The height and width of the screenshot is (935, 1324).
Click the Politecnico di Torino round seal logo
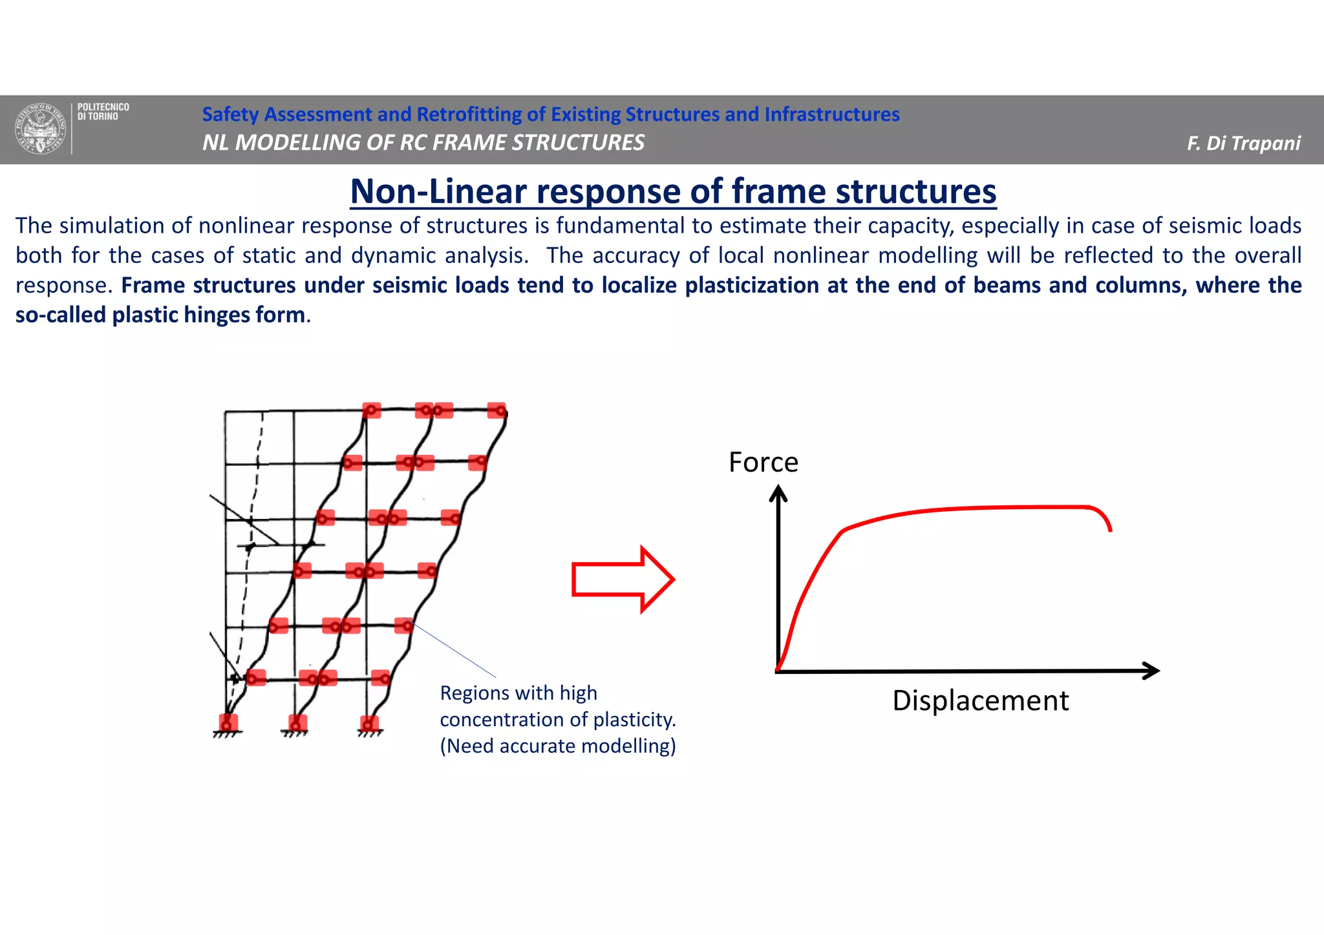coord(41,129)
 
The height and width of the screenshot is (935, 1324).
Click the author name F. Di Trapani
coord(1243,143)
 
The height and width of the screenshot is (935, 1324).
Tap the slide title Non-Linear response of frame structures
coord(673,191)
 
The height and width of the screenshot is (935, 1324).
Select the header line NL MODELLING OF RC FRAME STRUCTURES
coord(423,142)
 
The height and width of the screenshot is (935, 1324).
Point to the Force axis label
coord(763,463)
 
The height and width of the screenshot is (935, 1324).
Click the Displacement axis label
coord(980,701)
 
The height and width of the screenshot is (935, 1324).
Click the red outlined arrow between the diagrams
coord(623,580)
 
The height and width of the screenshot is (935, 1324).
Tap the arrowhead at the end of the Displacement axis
coord(1151,671)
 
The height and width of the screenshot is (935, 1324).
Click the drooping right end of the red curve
coord(1106,520)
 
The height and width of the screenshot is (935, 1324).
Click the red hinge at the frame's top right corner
coord(496,410)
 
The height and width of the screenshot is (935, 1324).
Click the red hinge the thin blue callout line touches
coord(403,625)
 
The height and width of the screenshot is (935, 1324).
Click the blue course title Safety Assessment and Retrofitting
coord(550,114)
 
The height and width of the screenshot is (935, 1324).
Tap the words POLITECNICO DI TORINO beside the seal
coord(103,111)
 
